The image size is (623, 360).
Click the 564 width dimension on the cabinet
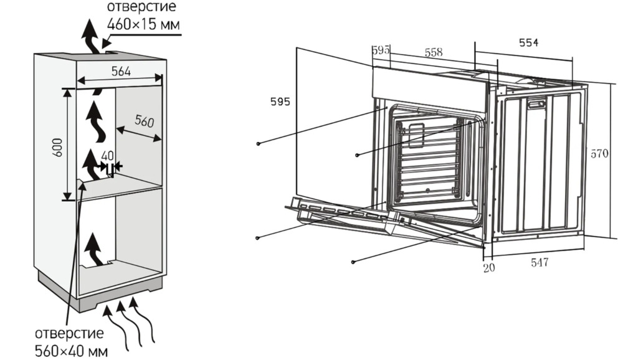click(121, 71)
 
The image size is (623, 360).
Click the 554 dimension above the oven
click(528, 42)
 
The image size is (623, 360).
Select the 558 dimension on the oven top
click(434, 53)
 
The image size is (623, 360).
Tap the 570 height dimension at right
click(599, 153)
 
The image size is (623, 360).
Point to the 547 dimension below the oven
click(540, 262)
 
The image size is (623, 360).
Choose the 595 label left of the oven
click(280, 102)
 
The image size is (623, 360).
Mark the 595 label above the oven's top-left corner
click(381, 50)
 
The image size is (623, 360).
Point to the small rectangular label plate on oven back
click(536, 105)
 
